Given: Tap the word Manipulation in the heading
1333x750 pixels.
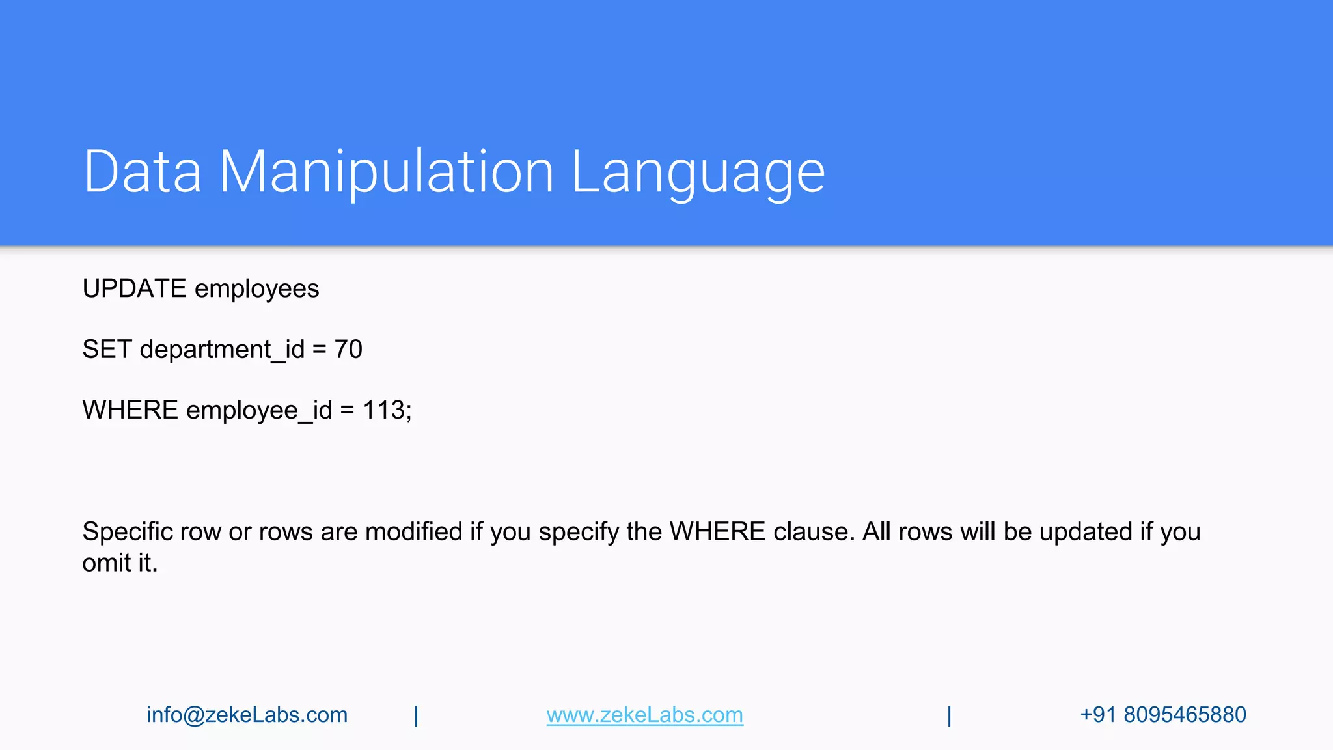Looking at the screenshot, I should (x=386, y=173).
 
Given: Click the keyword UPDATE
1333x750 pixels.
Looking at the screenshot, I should (x=134, y=288).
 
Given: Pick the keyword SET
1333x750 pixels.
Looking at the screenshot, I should (x=107, y=350).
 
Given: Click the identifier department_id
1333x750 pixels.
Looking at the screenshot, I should (x=222, y=350).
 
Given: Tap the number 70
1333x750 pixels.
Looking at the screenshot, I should (x=348, y=350).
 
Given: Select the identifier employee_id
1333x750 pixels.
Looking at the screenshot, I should (x=259, y=411).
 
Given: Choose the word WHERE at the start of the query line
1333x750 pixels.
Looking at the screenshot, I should (x=130, y=410).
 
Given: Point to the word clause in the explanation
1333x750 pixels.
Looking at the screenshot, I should (x=813, y=532).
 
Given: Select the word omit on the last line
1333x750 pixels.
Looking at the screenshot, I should (x=106, y=563).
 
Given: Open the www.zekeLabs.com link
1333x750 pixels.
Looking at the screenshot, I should (x=644, y=715).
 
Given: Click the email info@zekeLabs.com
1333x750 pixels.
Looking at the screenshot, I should (x=247, y=715).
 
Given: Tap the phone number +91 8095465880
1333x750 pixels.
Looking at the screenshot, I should (x=1162, y=715).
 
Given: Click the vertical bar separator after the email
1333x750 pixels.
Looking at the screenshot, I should (x=417, y=715).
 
